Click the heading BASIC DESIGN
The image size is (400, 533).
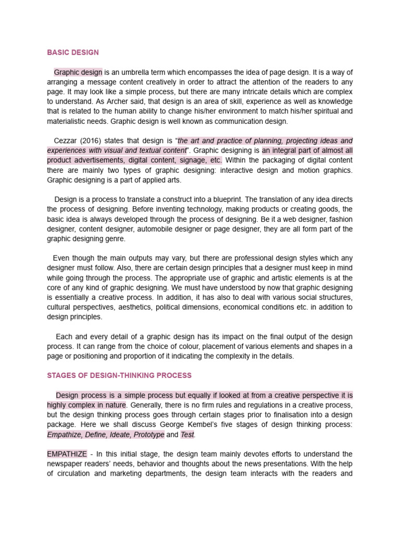click(x=72, y=53)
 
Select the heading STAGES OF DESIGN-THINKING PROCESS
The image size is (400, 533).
click(x=119, y=375)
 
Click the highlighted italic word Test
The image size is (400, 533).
click(x=187, y=435)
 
